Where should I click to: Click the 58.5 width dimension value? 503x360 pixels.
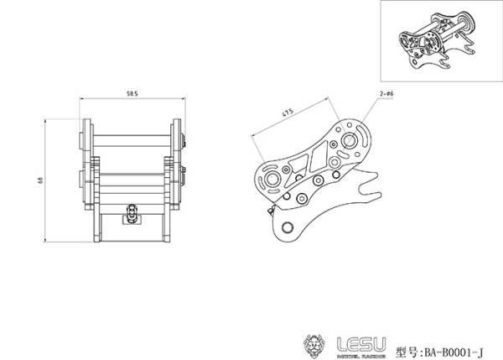[132, 93]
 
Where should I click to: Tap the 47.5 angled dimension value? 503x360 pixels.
[288, 112]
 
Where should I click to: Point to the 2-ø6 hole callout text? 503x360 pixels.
[387, 96]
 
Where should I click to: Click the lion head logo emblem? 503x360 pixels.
[315, 344]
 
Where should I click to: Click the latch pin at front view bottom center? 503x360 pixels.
[132, 213]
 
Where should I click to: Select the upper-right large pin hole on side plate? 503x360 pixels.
[350, 138]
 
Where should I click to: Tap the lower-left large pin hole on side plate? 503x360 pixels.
[272, 181]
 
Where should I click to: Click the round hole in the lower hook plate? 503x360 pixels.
[285, 227]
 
